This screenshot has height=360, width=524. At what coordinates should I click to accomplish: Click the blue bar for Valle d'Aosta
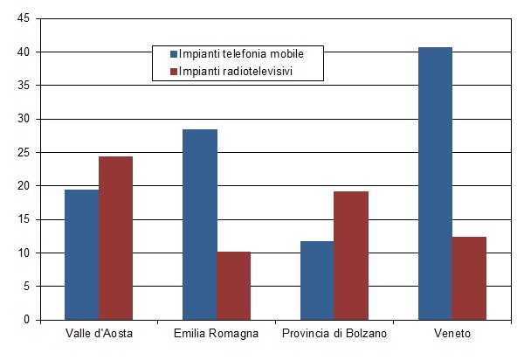(81, 254)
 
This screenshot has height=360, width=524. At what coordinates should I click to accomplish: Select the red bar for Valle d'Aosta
(115, 238)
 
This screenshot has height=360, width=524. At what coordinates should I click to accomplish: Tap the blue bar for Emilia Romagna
(199, 225)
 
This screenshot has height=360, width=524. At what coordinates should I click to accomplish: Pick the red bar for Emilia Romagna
(233, 286)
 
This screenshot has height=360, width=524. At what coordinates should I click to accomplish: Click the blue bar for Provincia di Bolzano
(317, 280)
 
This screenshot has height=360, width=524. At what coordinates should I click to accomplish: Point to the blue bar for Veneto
(435, 183)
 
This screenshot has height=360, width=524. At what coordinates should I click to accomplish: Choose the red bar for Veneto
(469, 278)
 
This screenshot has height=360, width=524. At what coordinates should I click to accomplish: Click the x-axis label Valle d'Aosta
(99, 335)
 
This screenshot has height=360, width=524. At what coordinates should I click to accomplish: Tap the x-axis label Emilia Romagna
(216, 335)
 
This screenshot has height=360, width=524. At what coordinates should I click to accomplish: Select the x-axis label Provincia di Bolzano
(334, 335)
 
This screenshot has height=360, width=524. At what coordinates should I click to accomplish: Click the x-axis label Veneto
(452, 335)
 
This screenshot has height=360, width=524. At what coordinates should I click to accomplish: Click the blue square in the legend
(173, 53)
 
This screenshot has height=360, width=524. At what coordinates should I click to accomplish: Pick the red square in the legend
(173, 70)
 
